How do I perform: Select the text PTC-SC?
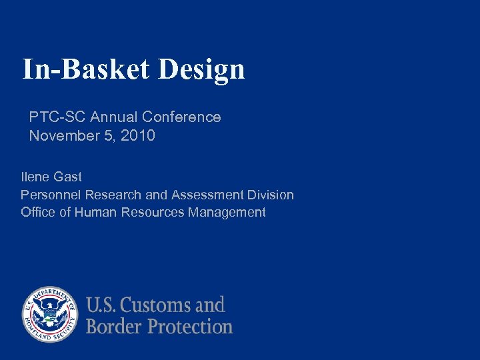click(57, 117)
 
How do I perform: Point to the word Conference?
click(181, 117)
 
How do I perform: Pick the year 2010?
click(139, 136)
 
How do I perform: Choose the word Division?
click(269, 195)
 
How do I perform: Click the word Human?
click(96, 213)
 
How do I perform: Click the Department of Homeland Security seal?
click(50, 315)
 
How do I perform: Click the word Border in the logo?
click(114, 327)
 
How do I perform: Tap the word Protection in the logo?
click(190, 327)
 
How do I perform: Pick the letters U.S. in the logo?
click(101, 306)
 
